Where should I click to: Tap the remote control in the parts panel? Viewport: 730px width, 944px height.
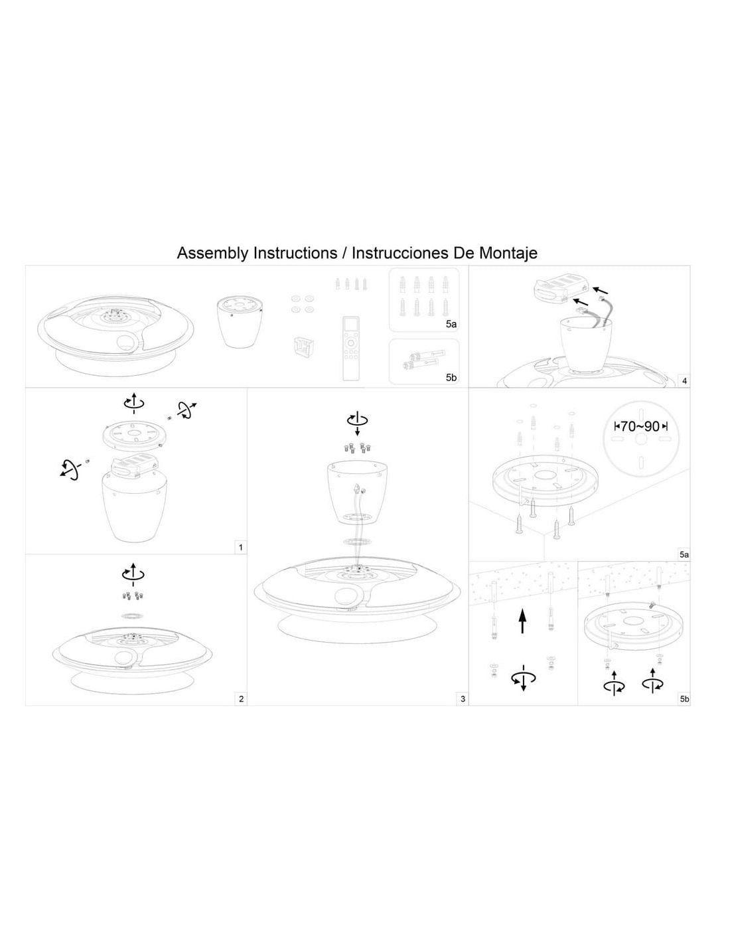351,349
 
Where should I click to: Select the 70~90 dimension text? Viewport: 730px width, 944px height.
640,426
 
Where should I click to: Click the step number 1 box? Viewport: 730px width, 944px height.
241,547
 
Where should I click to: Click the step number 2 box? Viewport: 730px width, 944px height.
241,698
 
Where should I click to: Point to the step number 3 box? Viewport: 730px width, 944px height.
463,698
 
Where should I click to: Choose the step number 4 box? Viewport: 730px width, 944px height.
684,381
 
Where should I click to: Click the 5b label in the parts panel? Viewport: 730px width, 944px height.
451,377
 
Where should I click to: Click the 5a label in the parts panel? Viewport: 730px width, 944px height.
451,324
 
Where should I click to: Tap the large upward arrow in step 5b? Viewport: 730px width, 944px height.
522,621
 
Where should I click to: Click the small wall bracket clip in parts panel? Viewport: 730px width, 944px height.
303,347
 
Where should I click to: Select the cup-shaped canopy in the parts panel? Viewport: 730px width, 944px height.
240,321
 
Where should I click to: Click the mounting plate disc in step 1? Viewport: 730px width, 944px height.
133,435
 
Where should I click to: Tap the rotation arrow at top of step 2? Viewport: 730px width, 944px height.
133,574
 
